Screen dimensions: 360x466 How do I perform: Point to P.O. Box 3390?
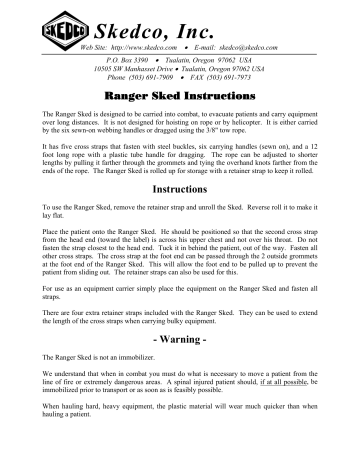[128, 60]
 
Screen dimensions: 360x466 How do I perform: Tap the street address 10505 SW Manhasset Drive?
[143, 69]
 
